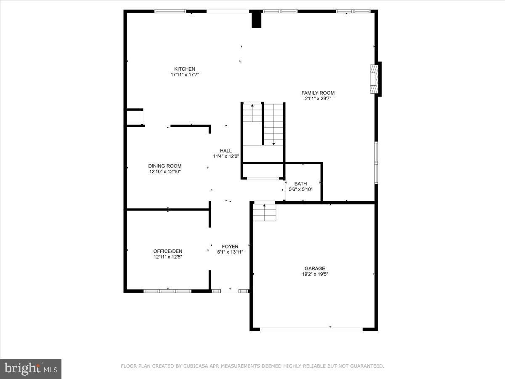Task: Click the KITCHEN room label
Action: [185, 69]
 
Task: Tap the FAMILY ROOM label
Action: [318, 93]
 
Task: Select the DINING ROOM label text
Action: [165, 166]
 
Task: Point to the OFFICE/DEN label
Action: [167, 251]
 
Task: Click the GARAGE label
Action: [315, 268]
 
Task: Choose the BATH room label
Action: [300, 184]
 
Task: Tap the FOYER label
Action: [230, 246]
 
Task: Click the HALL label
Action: [226, 151]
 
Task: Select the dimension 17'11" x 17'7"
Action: [185, 75]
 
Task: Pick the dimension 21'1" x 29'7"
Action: [318, 99]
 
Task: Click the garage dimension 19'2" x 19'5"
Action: [315, 274]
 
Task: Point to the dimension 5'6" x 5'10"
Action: [300, 189]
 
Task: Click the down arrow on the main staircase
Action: [274, 143]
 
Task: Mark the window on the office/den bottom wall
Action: [167, 291]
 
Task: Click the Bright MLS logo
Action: [31, 369]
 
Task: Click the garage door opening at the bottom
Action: [311, 329]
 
